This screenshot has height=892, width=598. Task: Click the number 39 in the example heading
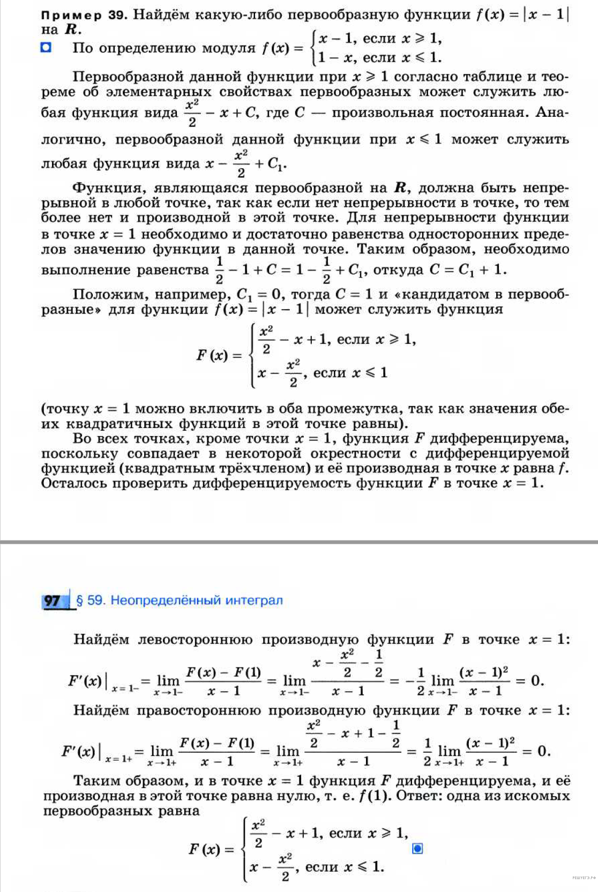(116, 14)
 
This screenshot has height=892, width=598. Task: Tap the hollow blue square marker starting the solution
(47, 48)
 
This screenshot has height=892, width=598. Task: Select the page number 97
(53, 601)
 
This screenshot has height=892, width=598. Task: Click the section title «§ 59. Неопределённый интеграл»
(180, 600)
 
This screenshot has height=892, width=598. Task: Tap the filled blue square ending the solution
(417, 849)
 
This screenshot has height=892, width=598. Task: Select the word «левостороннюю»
(195, 640)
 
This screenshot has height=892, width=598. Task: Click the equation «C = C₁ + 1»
(468, 269)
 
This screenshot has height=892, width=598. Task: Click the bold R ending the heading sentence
(71, 29)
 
